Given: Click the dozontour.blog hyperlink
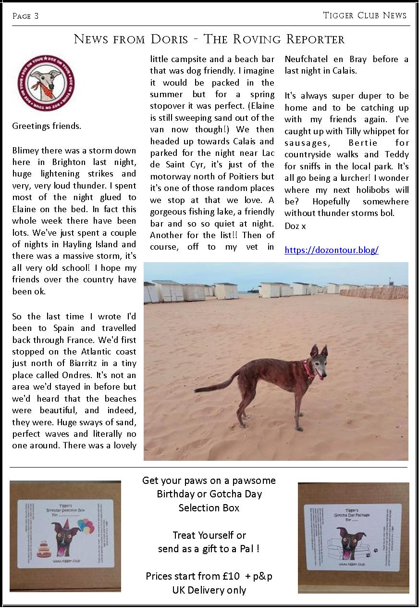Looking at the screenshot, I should tap(331, 250).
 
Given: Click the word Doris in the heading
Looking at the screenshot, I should tap(169, 39).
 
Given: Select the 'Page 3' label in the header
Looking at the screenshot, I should tap(25, 16).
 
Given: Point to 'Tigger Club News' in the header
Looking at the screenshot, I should tap(365, 15).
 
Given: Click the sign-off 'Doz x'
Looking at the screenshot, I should tap(295, 225).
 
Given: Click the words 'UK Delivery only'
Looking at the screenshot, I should tap(209, 590).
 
